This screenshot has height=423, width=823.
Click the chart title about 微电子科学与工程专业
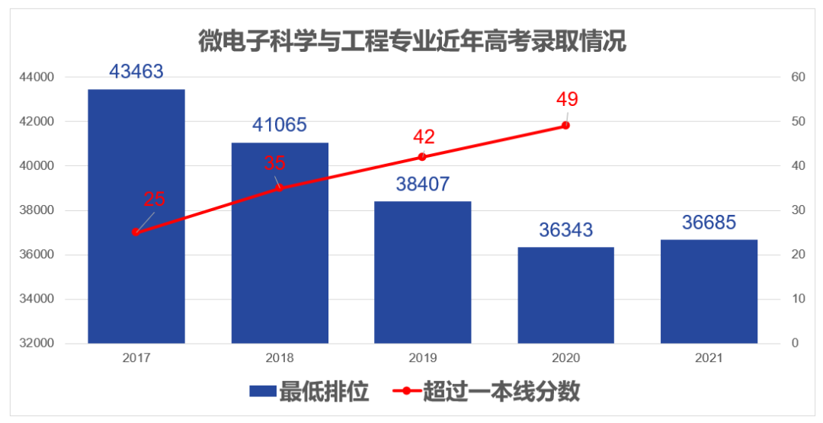pos(412,40)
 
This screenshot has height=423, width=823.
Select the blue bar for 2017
pos(136,216)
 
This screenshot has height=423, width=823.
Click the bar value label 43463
pos(136,72)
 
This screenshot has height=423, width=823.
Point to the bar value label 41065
pos(280,125)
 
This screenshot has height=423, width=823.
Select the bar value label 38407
pos(422,184)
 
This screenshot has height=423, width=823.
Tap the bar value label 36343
pos(565,229)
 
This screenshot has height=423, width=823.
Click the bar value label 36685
pos(709,223)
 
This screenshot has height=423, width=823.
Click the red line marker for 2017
pos(136,232)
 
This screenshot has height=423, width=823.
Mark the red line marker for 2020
pos(565,125)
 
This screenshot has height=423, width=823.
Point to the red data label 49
pos(567,99)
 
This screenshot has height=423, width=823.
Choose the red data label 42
pos(424,137)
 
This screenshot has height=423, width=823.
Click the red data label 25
pos(155,200)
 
